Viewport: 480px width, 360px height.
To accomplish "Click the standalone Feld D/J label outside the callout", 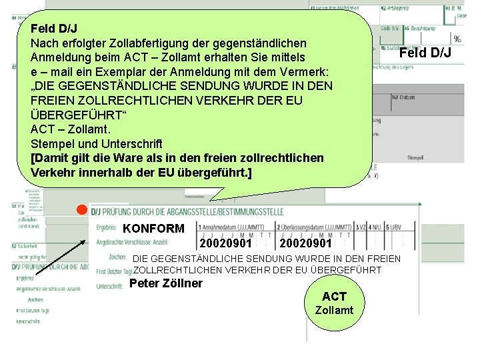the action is (x=425, y=53).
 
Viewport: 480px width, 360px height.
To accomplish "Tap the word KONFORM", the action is (x=153, y=229).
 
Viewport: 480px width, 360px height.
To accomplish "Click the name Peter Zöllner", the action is (x=166, y=284).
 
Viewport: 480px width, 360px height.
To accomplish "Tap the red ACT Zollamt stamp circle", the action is (x=334, y=303).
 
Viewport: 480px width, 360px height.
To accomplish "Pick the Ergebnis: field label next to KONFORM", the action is (x=107, y=227).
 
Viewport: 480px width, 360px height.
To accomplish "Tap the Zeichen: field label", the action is (x=117, y=257).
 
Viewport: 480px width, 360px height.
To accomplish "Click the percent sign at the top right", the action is (x=457, y=39).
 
